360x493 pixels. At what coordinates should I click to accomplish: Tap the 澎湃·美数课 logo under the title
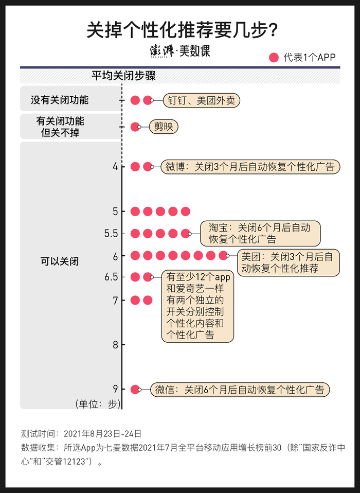click(x=179, y=51)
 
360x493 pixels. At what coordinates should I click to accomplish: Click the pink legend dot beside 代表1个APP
click(x=274, y=57)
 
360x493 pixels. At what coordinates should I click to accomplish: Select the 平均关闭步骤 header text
click(x=123, y=76)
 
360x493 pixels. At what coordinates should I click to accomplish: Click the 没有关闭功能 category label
click(x=60, y=100)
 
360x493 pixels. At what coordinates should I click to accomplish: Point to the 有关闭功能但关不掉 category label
click(x=60, y=127)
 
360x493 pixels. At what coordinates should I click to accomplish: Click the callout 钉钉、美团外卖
click(x=201, y=100)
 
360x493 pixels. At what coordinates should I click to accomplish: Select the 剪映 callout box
click(x=164, y=127)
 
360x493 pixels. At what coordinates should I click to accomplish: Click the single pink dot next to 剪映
click(x=135, y=127)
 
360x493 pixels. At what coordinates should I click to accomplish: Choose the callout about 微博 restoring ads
click(x=250, y=167)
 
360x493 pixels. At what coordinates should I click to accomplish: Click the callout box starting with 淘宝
click(x=261, y=233)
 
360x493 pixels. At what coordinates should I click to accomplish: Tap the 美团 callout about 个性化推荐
click(x=287, y=262)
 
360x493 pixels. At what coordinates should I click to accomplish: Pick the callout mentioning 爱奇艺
click(x=197, y=306)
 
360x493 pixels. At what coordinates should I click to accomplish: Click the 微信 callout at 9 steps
click(x=240, y=390)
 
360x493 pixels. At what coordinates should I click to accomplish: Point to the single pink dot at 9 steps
click(x=135, y=390)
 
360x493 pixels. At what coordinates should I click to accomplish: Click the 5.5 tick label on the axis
click(x=111, y=234)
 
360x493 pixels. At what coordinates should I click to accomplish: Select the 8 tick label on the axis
click(x=115, y=345)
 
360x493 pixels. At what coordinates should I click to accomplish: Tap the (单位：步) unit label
click(x=97, y=404)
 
